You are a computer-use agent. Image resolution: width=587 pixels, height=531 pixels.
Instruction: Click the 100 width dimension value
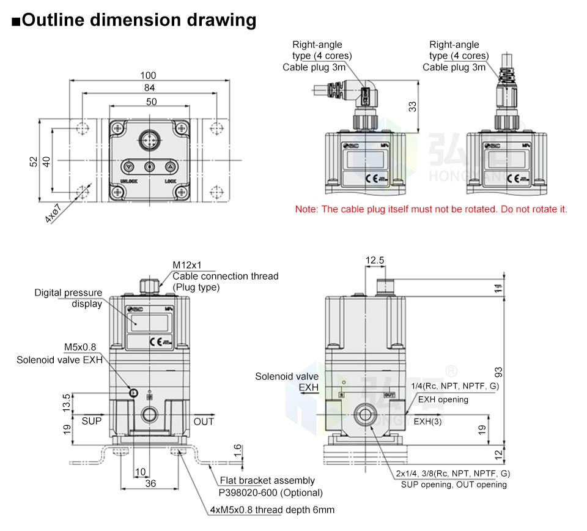[x=148, y=75]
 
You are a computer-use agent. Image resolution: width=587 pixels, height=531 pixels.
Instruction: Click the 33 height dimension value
[x=413, y=106]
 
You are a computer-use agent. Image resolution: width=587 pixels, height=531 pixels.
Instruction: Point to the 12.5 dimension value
[x=375, y=261]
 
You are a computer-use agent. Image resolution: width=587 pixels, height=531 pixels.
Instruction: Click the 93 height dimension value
[x=498, y=371]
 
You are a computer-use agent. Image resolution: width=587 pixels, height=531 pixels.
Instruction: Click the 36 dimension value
[x=150, y=484]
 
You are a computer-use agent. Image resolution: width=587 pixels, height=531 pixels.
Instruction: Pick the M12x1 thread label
[x=186, y=265]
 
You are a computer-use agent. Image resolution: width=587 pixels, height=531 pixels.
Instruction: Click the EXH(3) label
[x=427, y=421]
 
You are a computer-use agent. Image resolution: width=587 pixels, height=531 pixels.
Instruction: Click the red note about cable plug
[x=431, y=209]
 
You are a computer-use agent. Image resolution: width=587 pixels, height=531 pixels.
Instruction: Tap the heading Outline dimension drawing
[x=134, y=20]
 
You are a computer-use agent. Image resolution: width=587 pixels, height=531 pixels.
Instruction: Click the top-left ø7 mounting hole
[x=82, y=128]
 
